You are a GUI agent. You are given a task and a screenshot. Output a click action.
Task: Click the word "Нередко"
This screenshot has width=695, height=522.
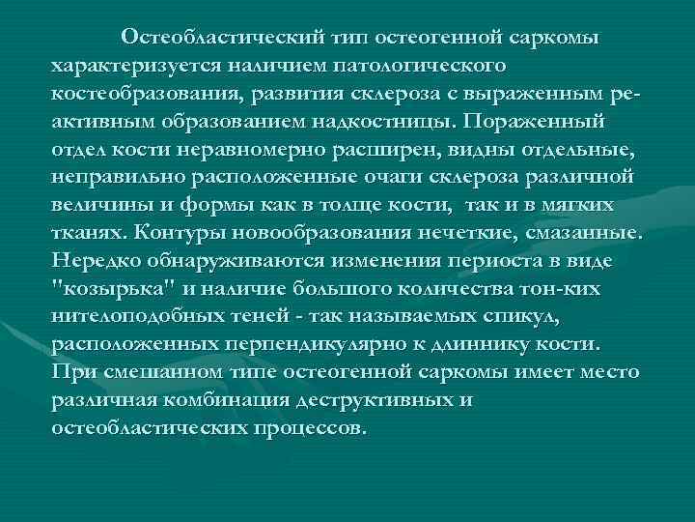[x=97, y=262]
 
